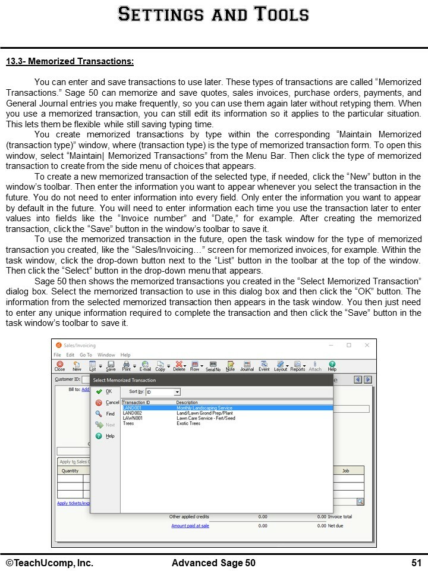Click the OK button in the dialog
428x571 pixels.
105,391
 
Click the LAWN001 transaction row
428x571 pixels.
132,418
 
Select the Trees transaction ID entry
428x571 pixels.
128,423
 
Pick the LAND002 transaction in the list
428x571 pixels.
132,413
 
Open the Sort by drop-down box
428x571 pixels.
177,393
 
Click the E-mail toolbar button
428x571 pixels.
145,365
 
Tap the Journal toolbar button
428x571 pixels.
247,365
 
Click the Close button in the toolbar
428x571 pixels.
60,365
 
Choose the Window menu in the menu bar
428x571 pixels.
106,355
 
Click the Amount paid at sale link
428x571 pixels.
190,526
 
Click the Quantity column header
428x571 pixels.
70,470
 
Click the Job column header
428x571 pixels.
346,470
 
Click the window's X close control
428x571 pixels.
367,345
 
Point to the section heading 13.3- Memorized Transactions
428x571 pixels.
70,61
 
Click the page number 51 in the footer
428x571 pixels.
416,563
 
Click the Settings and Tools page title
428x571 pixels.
213,14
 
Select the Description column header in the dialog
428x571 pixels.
187,403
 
